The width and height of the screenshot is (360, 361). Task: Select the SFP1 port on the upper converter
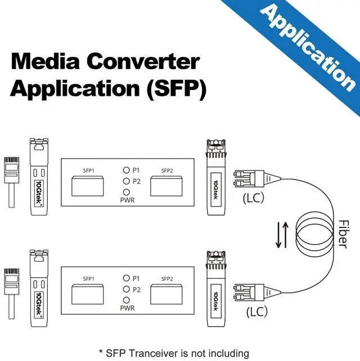pos(88,186)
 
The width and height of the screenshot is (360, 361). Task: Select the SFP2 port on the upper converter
pos(166,186)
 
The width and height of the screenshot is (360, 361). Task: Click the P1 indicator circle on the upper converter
pos(127,170)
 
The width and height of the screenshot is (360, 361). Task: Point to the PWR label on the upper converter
pos(127,200)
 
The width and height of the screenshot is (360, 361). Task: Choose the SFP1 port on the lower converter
pos(88,295)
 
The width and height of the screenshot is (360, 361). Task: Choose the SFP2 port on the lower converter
pos(166,295)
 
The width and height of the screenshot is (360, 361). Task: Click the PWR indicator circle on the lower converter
pos(127,300)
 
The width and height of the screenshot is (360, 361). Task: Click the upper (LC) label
pos(254,198)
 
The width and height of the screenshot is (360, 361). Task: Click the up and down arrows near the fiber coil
pos(282,235)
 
